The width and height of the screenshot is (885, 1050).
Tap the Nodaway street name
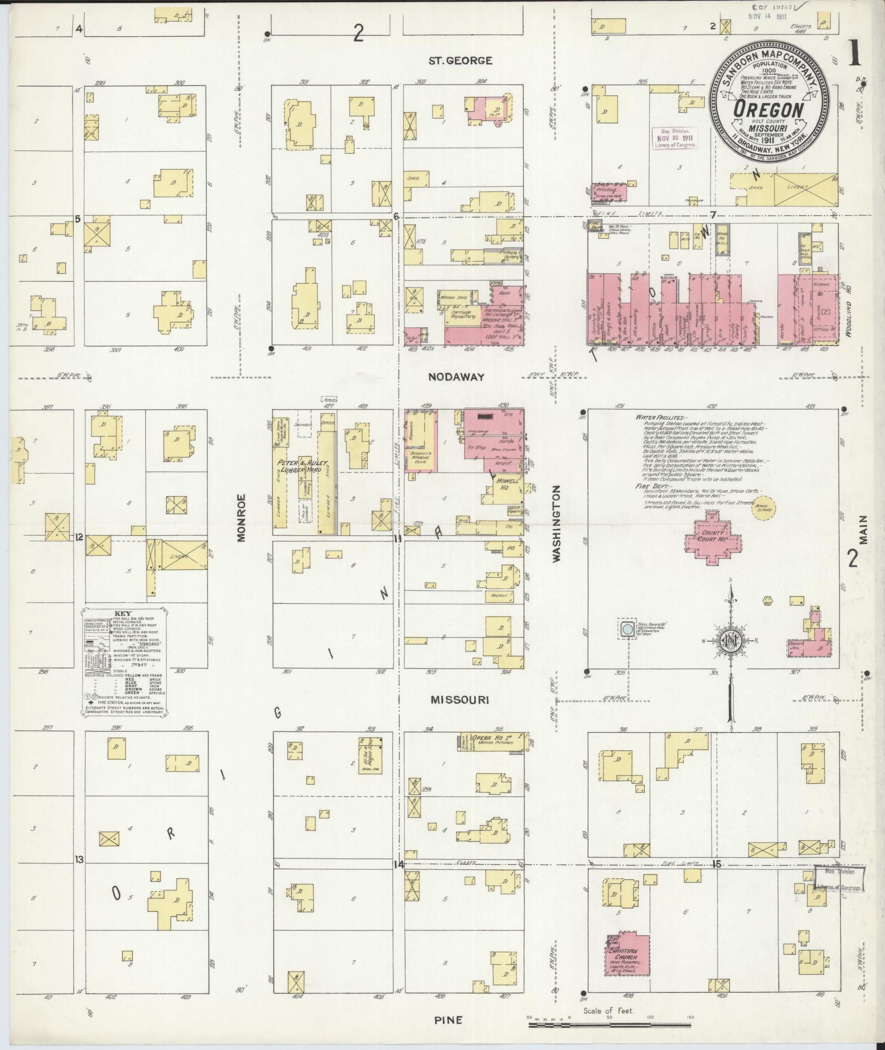(456, 377)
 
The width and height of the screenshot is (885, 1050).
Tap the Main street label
(864, 529)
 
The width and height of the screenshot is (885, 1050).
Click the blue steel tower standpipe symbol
(625, 628)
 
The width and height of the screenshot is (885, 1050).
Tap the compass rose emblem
(730, 641)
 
